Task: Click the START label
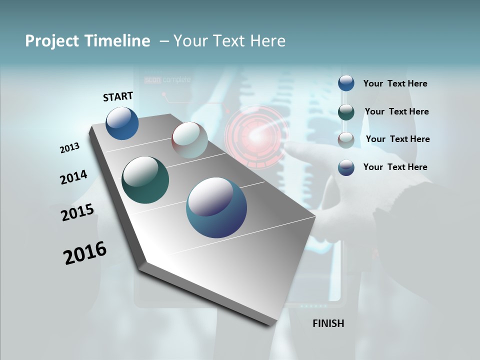click(118, 96)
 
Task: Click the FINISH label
click(328, 323)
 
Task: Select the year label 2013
click(70, 148)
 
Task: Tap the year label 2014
click(73, 177)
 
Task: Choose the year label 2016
click(85, 253)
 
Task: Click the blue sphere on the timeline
click(122, 123)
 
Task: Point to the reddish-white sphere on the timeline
click(189, 140)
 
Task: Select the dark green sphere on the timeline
click(145, 180)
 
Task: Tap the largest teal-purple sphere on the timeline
click(216, 207)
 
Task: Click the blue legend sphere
click(346, 83)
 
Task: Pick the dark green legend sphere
click(346, 112)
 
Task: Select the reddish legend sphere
click(346, 140)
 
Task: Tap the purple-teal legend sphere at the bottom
click(346, 167)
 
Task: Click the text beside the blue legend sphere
click(395, 84)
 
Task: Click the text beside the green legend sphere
click(396, 111)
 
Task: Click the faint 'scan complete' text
click(167, 79)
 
